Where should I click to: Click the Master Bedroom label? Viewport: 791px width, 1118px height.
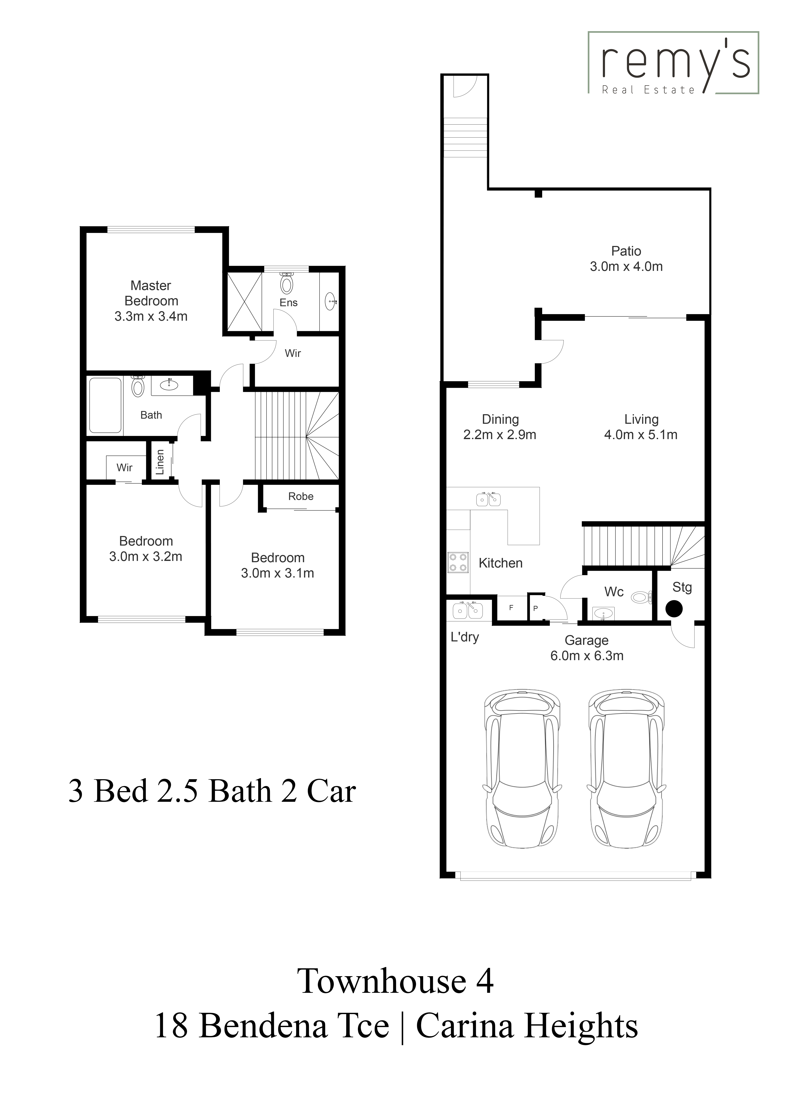coord(151,293)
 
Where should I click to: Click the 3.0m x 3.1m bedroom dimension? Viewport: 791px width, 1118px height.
coord(278,573)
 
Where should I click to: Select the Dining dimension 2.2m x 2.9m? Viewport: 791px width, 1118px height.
coord(500,435)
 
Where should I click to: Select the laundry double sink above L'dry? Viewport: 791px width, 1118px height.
coord(468,610)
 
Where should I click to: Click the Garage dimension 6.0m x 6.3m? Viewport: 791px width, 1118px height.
coord(587,656)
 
